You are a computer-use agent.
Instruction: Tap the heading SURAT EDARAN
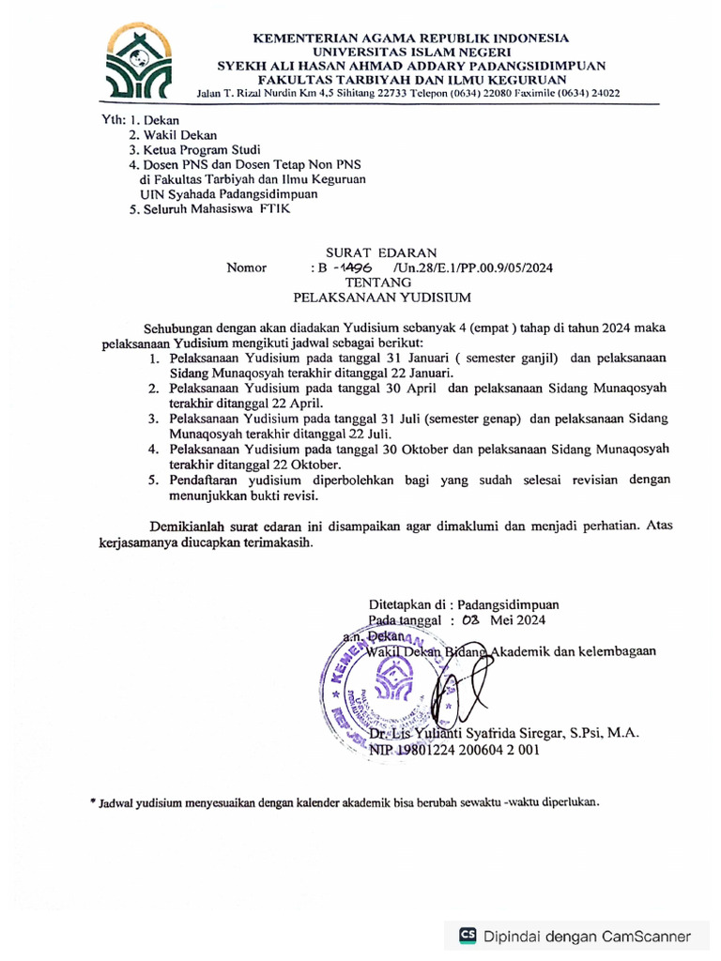tap(380, 252)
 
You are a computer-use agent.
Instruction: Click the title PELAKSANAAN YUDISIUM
tap(381, 297)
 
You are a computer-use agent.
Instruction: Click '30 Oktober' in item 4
tap(410, 449)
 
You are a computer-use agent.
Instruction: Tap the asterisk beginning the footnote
tap(93, 803)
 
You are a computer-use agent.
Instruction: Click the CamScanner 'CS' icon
tap(467, 935)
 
